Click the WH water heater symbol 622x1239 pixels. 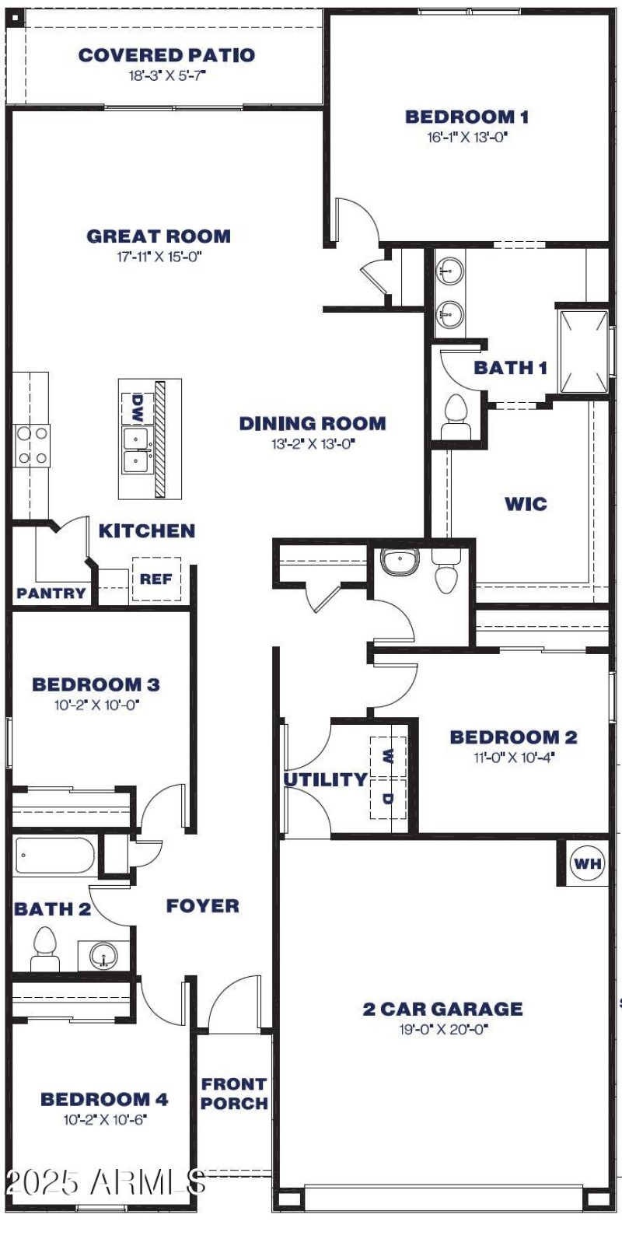point(588,863)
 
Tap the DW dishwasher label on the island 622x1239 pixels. point(137,408)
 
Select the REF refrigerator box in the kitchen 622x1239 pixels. point(156,579)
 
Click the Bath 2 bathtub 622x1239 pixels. point(54,856)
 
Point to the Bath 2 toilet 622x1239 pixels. point(44,950)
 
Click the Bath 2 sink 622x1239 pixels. point(103,955)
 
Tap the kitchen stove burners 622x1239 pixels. point(32,446)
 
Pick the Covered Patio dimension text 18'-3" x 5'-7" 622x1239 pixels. point(166,76)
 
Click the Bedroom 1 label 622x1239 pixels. point(466,117)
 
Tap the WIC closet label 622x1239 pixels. point(526,504)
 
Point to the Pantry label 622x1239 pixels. point(51,593)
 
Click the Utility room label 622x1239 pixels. point(324,779)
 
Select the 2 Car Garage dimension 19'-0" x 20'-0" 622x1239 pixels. point(442,1030)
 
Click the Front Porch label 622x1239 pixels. point(234,1093)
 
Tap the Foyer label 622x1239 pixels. point(202,906)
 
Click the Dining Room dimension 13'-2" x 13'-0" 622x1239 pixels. point(312,444)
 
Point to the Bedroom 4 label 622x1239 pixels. point(104,1099)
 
